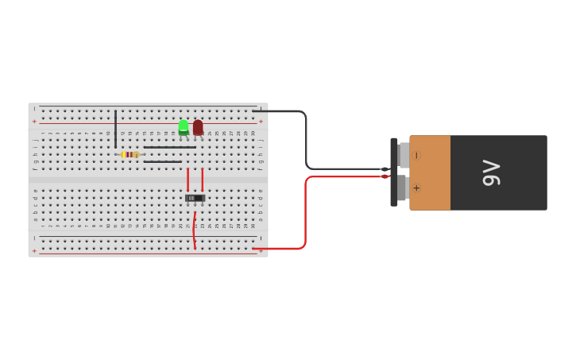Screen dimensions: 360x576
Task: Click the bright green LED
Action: tap(184, 126)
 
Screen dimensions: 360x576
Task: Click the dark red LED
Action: tap(198, 126)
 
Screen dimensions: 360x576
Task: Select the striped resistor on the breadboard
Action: tap(130, 154)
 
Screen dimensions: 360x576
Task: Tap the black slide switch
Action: tap(195, 198)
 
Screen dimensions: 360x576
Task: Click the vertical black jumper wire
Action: tap(115, 129)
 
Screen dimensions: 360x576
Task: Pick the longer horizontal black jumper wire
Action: tap(169, 147)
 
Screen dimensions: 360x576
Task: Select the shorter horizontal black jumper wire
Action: tap(162, 161)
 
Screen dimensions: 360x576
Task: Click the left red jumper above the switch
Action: tap(187, 180)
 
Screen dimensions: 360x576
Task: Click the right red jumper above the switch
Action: tap(202, 180)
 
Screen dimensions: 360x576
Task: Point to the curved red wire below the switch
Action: tap(194, 230)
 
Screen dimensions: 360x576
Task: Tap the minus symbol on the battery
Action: tap(416, 156)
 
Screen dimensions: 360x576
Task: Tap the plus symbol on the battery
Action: tap(416, 188)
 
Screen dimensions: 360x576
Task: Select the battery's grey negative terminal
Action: tap(404, 155)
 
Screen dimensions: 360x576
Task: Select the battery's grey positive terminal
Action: tap(403, 188)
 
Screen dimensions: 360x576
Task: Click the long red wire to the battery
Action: tap(305, 215)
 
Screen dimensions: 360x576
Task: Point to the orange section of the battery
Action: tap(430, 172)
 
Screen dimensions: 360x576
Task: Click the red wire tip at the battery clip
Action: tap(385, 176)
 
